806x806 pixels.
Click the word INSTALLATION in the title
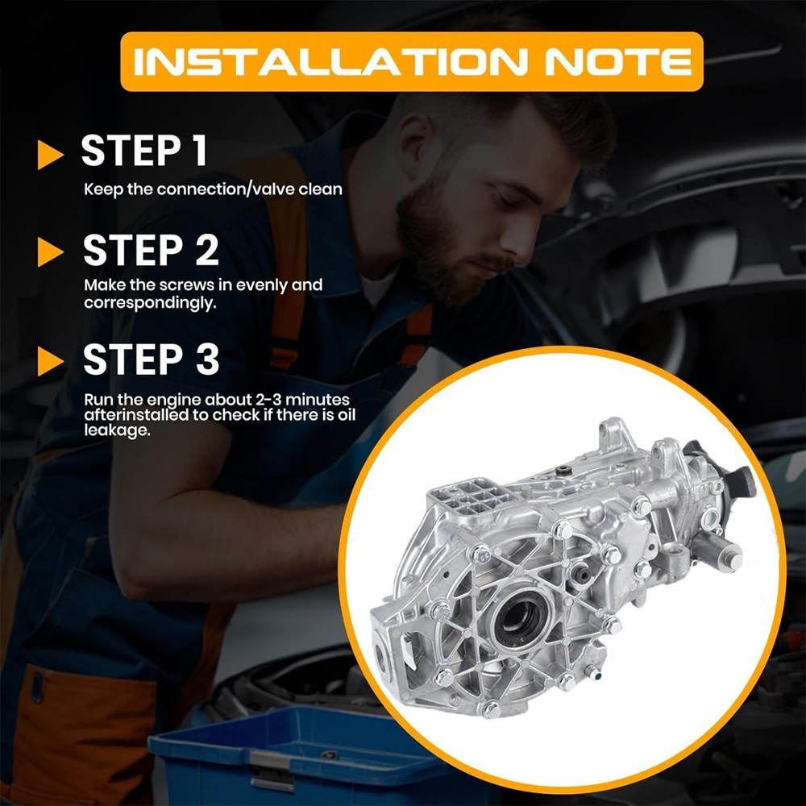click(x=330, y=62)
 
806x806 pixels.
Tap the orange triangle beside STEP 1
click(x=50, y=154)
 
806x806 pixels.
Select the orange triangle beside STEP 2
click(x=50, y=252)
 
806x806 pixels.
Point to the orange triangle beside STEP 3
click(x=50, y=361)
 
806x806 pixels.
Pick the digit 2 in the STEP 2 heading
click(x=206, y=250)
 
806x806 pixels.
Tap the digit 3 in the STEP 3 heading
click(x=207, y=359)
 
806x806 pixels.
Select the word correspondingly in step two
click(x=150, y=303)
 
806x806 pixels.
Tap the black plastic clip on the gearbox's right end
click(x=740, y=482)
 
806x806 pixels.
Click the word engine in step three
click(x=172, y=400)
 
